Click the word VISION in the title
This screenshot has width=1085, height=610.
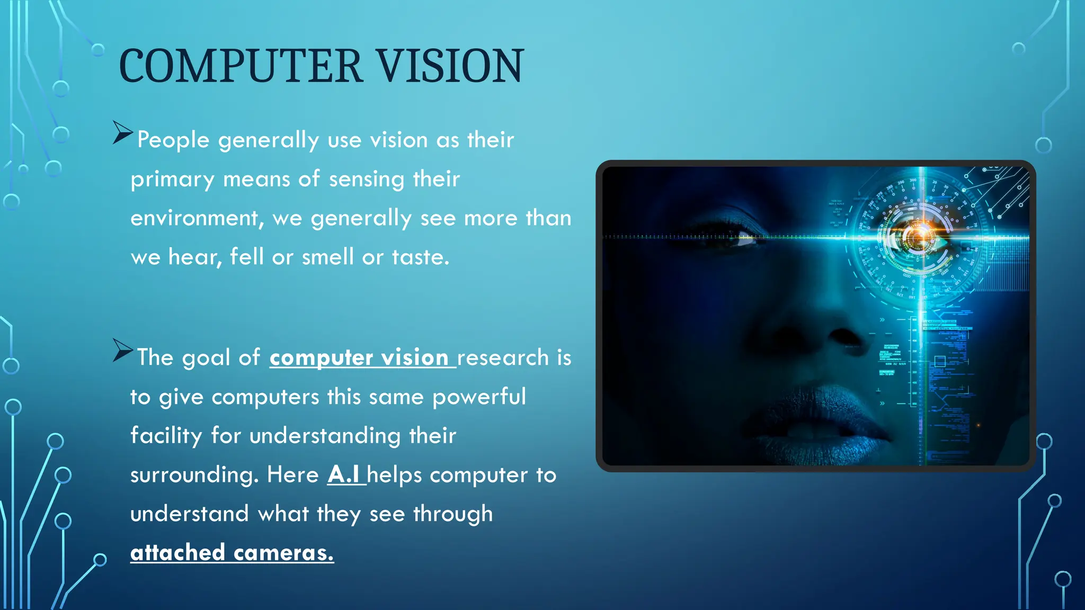point(450,66)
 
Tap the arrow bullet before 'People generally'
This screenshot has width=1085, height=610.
point(122,132)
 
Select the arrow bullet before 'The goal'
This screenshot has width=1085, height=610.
point(122,350)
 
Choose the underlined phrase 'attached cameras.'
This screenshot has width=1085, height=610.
point(232,553)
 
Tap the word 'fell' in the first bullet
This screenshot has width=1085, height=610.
point(246,257)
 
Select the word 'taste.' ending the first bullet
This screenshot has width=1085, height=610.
point(421,257)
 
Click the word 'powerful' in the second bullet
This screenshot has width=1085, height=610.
point(479,397)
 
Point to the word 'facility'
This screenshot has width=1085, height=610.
point(166,436)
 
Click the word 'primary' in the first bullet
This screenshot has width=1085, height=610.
point(172,180)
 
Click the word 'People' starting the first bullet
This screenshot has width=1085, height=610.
point(173,140)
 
